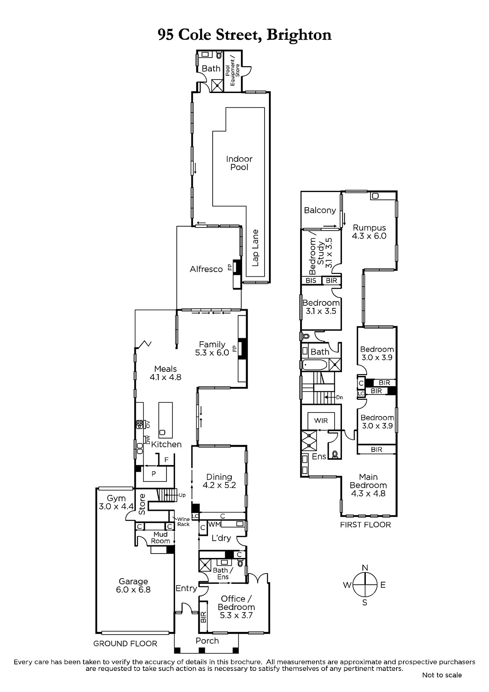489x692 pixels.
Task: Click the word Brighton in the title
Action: (299, 35)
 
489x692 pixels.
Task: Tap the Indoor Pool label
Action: (240, 163)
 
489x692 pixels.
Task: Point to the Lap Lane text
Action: (255, 248)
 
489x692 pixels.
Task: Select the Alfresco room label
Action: (206, 269)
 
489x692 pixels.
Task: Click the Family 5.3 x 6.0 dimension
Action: (212, 352)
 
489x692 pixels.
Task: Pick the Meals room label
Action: (166, 369)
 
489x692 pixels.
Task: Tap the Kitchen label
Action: (166, 444)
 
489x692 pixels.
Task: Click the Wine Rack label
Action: (183, 522)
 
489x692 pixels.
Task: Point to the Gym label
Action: (116, 498)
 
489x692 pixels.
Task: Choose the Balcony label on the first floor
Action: (320, 210)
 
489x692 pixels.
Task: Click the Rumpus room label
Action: (370, 227)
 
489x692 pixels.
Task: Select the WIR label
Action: (321, 420)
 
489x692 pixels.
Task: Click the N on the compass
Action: (365, 567)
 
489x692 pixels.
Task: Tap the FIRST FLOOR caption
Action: (365, 525)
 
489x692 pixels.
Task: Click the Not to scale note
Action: (442, 675)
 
